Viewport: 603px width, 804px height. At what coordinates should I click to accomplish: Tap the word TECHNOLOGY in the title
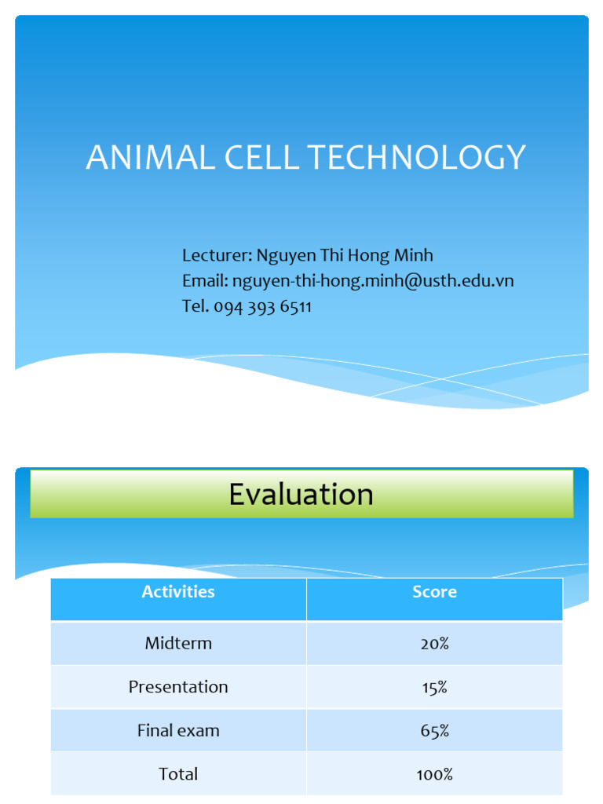[x=416, y=158]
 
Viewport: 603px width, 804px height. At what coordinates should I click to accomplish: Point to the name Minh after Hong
[x=413, y=255]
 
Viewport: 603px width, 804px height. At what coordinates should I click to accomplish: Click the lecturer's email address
[x=373, y=280]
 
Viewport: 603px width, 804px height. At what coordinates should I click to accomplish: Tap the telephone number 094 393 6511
[x=262, y=306]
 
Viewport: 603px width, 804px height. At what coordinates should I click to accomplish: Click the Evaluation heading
[x=301, y=494]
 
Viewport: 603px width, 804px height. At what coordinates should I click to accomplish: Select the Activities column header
[x=178, y=592]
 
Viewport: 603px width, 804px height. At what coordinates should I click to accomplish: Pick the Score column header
[x=434, y=592]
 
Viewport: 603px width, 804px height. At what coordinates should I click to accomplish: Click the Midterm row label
[x=178, y=643]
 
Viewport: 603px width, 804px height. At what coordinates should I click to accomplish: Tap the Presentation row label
[x=178, y=687]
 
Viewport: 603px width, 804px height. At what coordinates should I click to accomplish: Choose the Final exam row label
[x=178, y=730]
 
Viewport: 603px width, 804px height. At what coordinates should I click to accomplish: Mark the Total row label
[x=178, y=774]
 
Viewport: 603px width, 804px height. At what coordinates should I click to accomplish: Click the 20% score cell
[x=434, y=644]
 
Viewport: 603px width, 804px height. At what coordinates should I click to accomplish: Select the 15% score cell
[x=434, y=687]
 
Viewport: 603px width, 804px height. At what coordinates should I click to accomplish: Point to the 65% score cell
[x=434, y=731]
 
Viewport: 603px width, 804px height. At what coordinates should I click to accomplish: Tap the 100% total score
[x=434, y=774]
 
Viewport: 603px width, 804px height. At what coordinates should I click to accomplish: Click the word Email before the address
[x=204, y=280]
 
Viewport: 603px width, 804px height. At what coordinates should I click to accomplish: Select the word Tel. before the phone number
[x=196, y=306]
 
